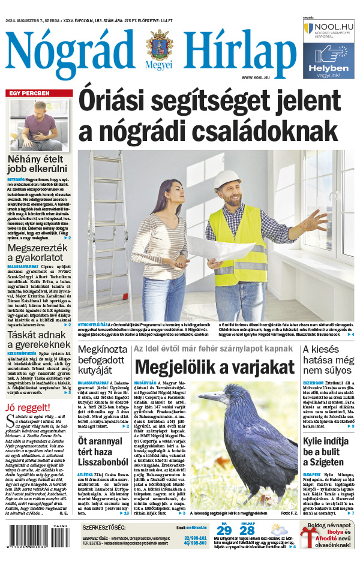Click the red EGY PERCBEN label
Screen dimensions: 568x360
point(28,93)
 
